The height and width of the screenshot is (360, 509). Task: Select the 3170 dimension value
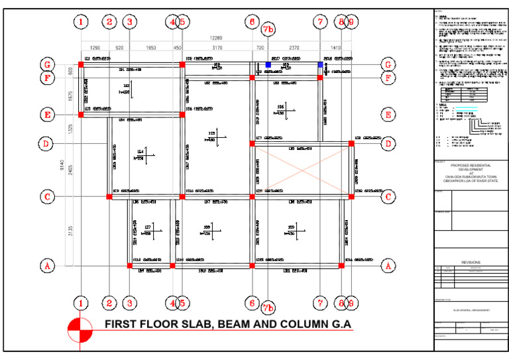click(217, 48)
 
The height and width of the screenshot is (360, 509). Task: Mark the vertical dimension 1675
click(69, 95)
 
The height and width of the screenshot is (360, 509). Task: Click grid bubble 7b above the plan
click(268, 30)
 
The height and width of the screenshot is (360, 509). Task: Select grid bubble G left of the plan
click(46, 64)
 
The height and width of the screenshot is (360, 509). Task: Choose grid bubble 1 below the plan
click(81, 303)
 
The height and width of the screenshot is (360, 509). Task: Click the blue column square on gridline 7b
click(268, 64)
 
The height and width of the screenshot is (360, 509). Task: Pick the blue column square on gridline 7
click(320, 64)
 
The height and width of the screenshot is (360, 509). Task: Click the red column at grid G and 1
click(81, 64)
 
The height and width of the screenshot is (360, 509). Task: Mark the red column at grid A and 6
click(252, 266)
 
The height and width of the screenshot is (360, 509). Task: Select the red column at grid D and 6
click(252, 143)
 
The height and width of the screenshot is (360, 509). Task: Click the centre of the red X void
click(301, 170)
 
